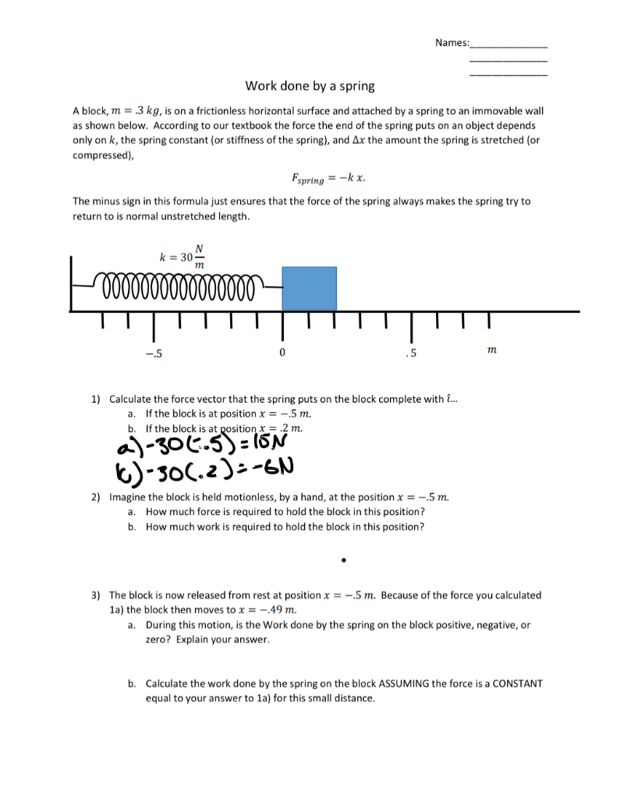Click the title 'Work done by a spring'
(x=310, y=85)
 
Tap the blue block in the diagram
(x=309, y=289)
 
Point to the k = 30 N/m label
(x=182, y=257)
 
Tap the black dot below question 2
(x=342, y=559)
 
